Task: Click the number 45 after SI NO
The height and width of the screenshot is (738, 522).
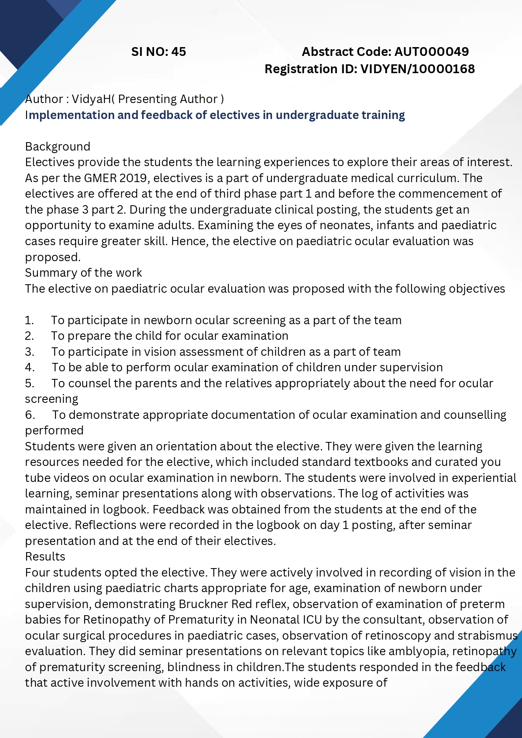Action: coord(178,52)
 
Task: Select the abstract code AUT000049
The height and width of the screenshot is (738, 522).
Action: coord(431,52)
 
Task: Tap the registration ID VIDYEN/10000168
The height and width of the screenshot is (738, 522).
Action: coord(418,69)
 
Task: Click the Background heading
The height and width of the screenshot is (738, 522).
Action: coord(58,146)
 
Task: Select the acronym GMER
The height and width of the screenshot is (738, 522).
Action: coord(100,178)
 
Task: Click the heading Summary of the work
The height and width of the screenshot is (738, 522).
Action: coord(83,273)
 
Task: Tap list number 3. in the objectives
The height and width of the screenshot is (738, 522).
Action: coord(29,352)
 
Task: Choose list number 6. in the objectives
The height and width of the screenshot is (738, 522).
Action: coord(30,415)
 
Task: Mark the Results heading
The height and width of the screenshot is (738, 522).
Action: coord(45,557)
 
